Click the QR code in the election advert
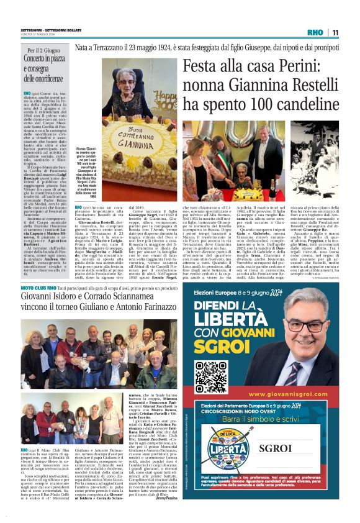[211, 373]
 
